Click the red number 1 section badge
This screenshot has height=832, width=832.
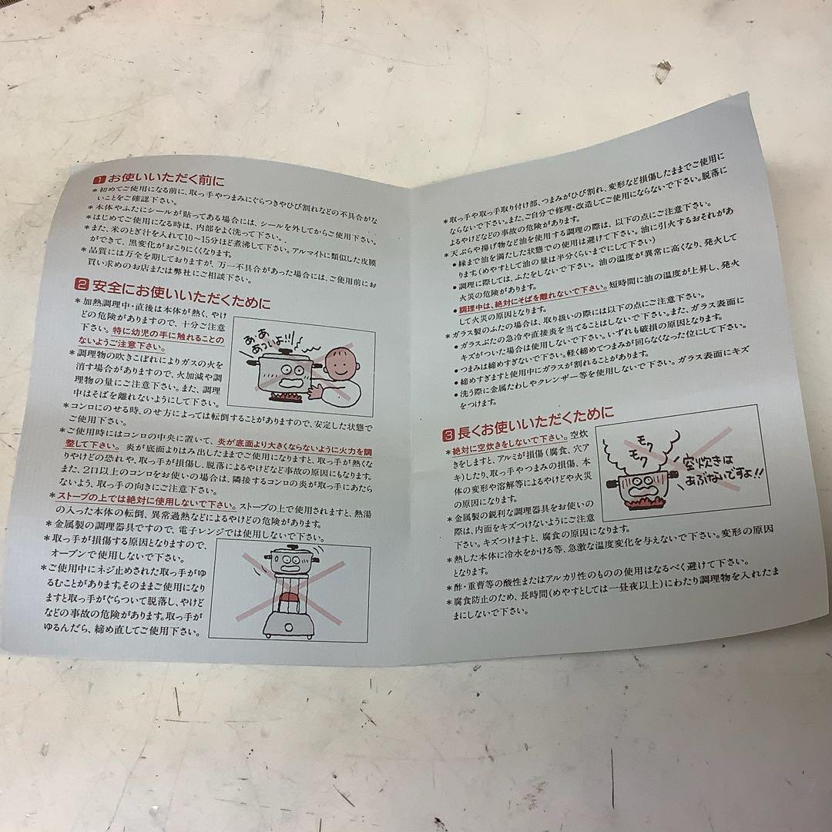pos(100,179)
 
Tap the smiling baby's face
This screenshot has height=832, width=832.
pos(342,360)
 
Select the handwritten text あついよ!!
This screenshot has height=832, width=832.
pos(274,344)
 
